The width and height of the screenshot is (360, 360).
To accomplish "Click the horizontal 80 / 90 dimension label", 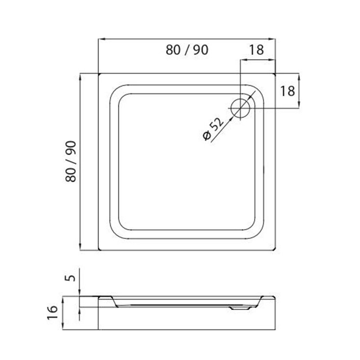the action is (x=187, y=50).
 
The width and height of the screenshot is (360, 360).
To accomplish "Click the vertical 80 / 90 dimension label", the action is (x=71, y=162).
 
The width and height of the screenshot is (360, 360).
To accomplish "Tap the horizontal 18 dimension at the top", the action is (x=256, y=50).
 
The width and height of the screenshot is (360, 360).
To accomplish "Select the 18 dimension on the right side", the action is (x=288, y=91).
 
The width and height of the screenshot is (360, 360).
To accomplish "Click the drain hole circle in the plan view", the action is (x=240, y=108).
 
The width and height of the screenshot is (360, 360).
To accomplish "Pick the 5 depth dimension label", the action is (x=72, y=278).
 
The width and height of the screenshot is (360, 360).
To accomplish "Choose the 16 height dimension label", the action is (x=52, y=312).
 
